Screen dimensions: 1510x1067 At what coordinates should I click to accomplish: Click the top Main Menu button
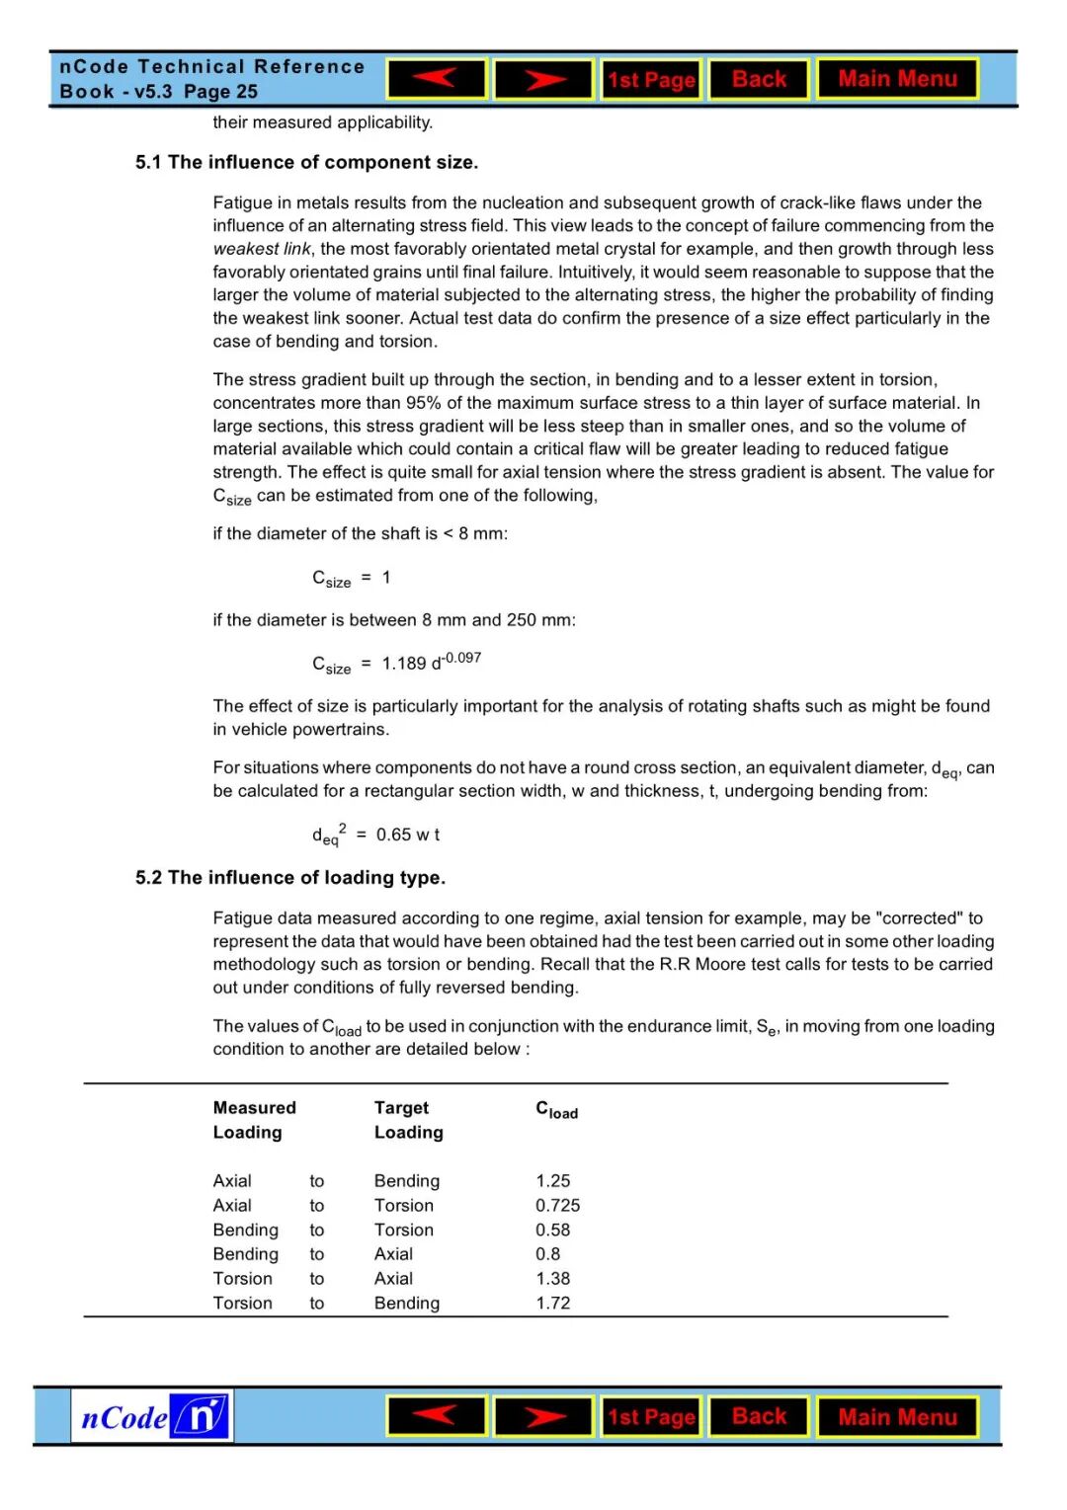click(897, 79)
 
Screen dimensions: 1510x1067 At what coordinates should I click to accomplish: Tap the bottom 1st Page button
click(651, 1417)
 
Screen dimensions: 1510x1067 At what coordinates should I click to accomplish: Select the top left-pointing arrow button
click(437, 79)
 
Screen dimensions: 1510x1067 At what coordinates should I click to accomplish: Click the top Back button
click(759, 79)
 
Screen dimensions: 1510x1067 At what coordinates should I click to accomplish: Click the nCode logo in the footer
click(152, 1417)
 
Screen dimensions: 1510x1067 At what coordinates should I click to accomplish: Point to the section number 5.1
click(148, 163)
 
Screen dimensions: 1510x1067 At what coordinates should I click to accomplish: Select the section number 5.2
click(148, 878)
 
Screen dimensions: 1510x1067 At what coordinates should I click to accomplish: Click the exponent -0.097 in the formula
click(461, 658)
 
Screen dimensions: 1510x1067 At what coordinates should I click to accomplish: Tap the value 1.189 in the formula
click(404, 664)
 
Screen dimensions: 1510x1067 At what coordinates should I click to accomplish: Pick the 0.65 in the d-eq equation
click(393, 834)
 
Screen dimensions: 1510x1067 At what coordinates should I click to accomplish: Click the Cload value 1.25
click(553, 1181)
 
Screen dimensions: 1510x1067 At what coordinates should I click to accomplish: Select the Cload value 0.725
click(558, 1206)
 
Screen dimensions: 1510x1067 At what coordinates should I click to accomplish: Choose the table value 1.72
click(553, 1304)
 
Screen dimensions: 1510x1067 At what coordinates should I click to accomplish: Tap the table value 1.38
click(553, 1279)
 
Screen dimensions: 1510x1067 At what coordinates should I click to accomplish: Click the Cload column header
click(557, 1110)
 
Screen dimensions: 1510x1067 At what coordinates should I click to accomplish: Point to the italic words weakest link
click(262, 249)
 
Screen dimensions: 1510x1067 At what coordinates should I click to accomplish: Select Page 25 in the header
click(220, 92)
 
